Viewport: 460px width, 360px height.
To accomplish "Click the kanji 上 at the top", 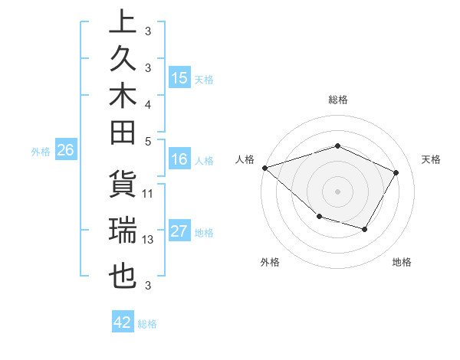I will [x=122, y=21].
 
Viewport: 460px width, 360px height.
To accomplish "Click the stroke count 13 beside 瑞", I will [x=148, y=240].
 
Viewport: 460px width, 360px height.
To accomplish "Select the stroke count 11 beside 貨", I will [x=148, y=193].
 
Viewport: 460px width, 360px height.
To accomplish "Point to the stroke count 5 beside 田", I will [x=148, y=141].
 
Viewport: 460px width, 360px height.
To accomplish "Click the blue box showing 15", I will [x=179, y=77].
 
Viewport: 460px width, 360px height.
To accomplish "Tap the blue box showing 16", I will [x=179, y=160].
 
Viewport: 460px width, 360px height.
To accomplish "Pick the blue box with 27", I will [x=179, y=232].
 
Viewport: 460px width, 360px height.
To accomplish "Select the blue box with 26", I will [x=65, y=151].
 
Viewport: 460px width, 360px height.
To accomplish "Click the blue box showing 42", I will [x=123, y=322].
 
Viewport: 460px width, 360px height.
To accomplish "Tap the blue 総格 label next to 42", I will [x=147, y=324].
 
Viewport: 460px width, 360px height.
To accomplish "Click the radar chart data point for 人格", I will [x=264, y=167].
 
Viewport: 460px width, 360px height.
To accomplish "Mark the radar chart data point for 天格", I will [x=396, y=172].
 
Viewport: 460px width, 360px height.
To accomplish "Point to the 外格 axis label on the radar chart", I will [x=270, y=263].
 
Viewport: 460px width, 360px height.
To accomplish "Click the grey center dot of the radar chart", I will [x=337, y=191].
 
